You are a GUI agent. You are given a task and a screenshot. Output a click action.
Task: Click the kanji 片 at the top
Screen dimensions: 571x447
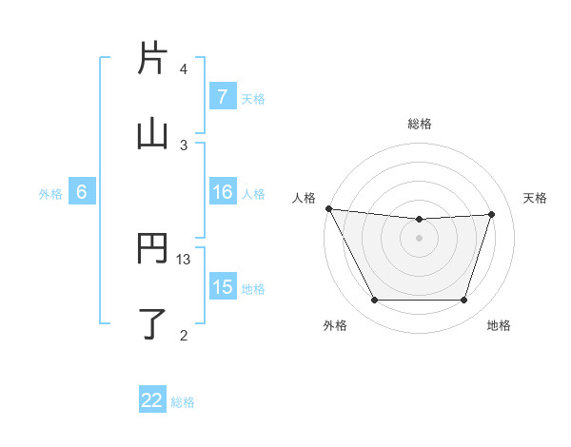click(x=152, y=58)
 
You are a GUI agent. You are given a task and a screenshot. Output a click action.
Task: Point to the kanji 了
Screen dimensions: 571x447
click(x=152, y=323)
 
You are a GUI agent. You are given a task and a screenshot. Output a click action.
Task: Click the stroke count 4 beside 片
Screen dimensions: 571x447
click(x=184, y=69)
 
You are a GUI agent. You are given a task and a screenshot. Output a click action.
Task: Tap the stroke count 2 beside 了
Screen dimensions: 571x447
click(x=184, y=334)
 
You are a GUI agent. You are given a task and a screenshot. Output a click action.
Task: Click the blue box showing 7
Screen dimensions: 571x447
click(x=222, y=97)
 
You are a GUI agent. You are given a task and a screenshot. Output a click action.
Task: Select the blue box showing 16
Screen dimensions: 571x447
click(x=222, y=192)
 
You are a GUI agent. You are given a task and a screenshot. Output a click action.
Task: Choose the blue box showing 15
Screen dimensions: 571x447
click(x=222, y=287)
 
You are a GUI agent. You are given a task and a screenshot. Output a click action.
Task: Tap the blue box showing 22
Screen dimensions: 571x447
click(x=152, y=401)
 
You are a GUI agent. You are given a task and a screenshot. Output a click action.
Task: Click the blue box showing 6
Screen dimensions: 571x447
click(x=82, y=192)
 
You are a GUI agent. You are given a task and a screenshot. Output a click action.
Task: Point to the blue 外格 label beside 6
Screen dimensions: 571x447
click(x=50, y=193)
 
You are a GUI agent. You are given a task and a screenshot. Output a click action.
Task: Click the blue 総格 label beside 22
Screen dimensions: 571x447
click(x=183, y=402)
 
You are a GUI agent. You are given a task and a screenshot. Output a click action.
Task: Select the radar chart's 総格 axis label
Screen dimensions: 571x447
click(x=420, y=124)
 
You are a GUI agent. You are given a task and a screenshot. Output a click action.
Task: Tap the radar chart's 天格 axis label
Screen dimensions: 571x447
click(x=536, y=198)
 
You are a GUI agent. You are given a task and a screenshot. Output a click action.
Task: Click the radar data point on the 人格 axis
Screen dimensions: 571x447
click(x=328, y=208)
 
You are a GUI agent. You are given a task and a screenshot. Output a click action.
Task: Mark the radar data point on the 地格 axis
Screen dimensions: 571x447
click(x=464, y=301)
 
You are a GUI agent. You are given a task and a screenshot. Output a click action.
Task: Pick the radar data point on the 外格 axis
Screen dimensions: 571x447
click(x=374, y=301)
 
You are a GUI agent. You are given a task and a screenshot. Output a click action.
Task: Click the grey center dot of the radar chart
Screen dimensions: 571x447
click(x=420, y=238)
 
